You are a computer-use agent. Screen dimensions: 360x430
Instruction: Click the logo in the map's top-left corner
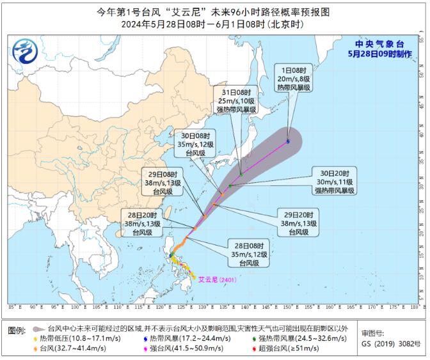click(x=26, y=50)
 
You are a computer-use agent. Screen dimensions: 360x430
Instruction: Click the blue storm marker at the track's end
click(x=289, y=141)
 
